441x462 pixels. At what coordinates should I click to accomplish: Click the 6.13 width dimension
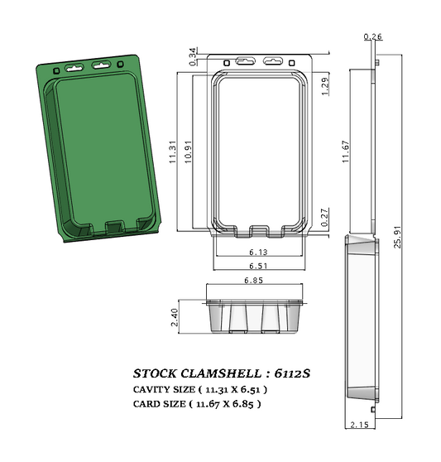(x=258, y=253)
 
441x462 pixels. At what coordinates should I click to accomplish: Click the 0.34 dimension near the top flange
(x=194, y=56)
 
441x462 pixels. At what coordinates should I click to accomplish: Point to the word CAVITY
(x=151, y=389)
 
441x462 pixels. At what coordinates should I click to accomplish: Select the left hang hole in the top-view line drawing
(x=246, y=61)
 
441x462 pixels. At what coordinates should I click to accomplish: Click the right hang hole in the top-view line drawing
(x=272, y=61)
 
